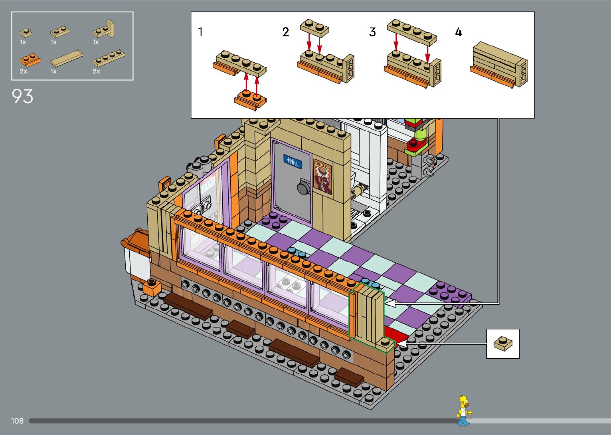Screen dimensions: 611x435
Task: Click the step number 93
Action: click(x=23, y=97)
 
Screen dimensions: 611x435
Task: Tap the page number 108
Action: click(x=17, y=421)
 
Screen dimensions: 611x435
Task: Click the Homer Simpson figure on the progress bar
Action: click(x=463, y=411)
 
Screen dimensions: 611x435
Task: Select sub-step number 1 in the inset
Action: click(x=200, y=32)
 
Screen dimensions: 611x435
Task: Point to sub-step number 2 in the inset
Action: click(x=285, y=32)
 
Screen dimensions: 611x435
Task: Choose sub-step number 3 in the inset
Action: click(x=372, y=32)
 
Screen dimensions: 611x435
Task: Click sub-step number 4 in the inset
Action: click(x=459, y=32)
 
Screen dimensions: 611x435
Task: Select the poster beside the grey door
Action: click(x=322, y=176)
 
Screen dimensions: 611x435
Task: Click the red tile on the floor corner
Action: click(x=395, y=335)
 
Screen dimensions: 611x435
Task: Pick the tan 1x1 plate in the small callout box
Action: click(x=502, y=343)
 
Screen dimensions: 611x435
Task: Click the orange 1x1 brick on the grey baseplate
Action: click(x=152, y=287)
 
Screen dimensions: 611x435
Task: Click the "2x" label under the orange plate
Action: click(x=24, y=72)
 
